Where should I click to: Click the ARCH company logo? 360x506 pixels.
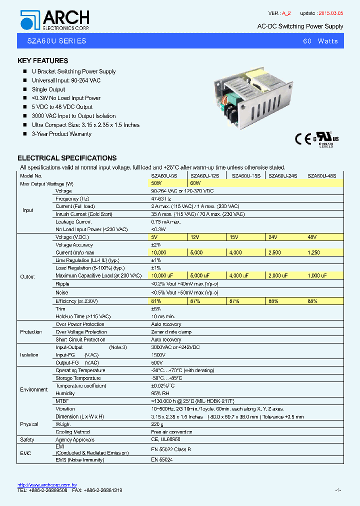(54, 20)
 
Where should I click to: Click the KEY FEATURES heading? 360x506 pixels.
(42, 61)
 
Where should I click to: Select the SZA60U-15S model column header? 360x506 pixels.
(243, 176)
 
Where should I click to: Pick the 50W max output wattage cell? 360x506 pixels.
(156, 183)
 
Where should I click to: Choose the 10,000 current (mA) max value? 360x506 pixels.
(158, 252)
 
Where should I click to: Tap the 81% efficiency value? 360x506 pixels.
(156, 301)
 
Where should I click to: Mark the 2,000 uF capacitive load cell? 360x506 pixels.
(278, 275)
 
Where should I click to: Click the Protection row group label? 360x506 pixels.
(31, 332)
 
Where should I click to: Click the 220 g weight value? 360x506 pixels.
(156, 424)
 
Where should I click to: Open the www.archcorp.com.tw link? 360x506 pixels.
(47, 485)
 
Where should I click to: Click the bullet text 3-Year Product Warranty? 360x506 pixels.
(61, 134)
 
